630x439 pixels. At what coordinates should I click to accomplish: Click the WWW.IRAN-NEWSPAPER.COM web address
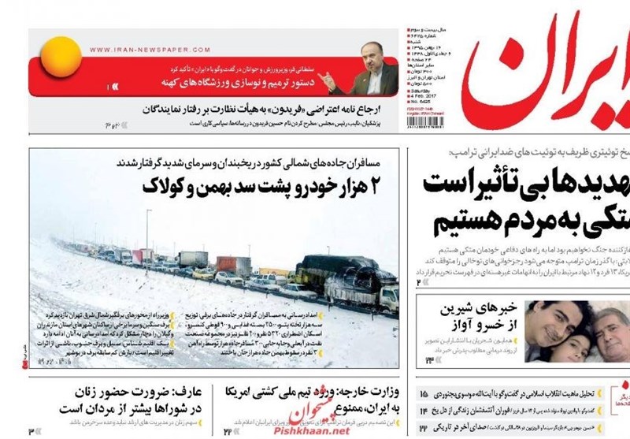(x=144, y=49)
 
